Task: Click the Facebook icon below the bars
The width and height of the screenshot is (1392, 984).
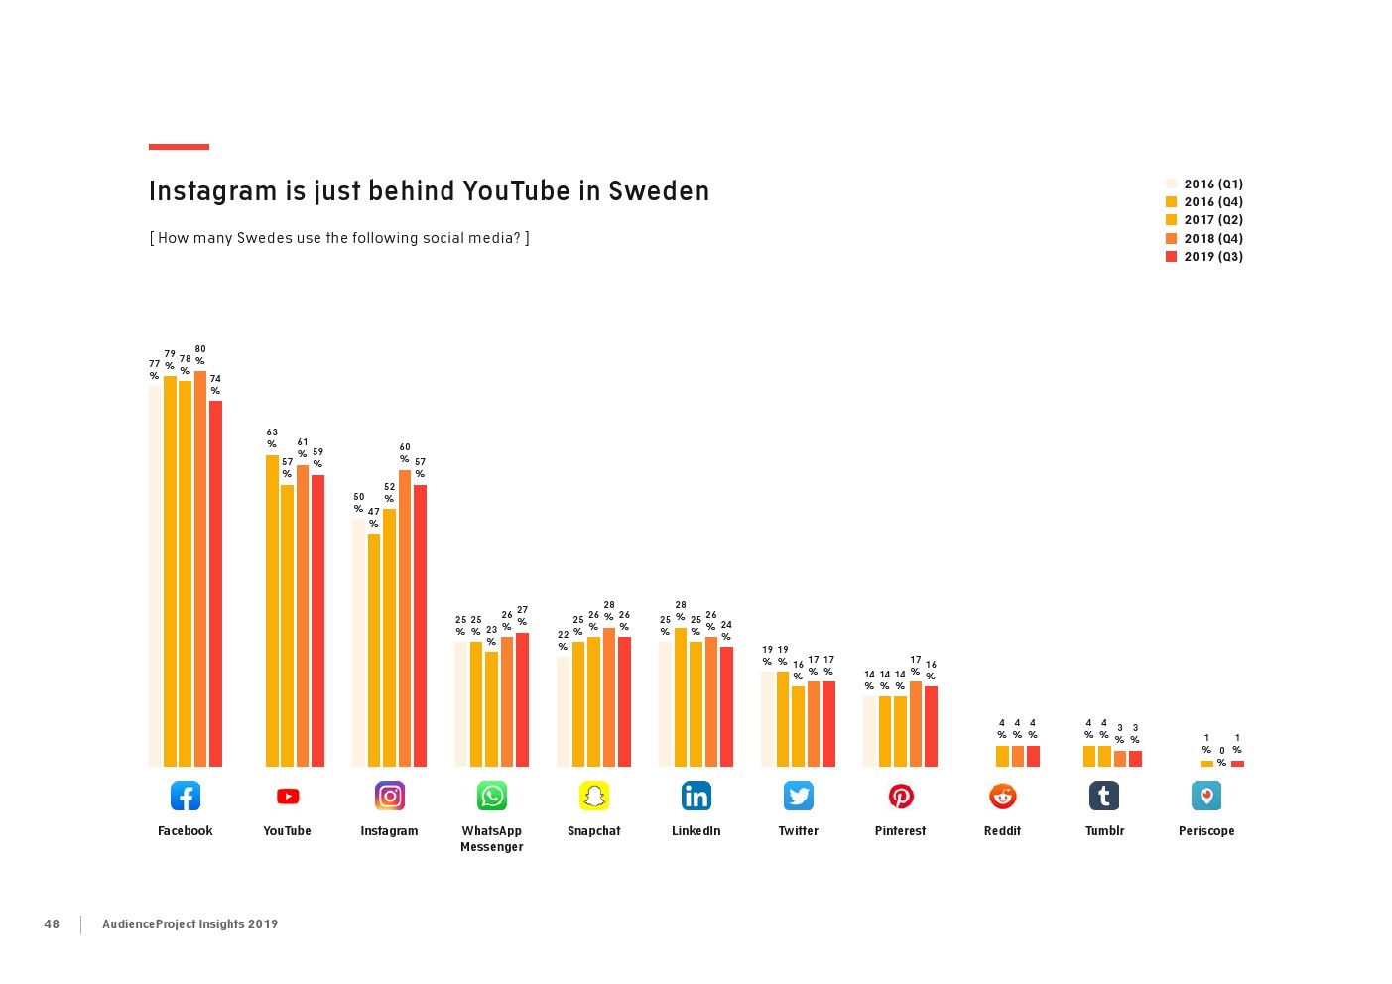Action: (x=186, y=796)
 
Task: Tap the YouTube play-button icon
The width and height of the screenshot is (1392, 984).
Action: (x=288, y=796)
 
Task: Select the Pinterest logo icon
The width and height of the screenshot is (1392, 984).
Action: (x=901, y=796)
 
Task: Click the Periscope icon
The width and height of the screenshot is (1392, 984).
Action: (x=1206, y=796)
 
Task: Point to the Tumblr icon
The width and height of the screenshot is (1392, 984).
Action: (x=1104, y=796)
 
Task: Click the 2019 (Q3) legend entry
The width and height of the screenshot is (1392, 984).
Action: (x=1203, y=257)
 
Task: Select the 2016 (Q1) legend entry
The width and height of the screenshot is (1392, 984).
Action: (x=1203, y=184)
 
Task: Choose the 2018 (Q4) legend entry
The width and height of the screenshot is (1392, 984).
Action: (x=1203, y=239)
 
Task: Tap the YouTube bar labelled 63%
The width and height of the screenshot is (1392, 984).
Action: (x=272, y=610)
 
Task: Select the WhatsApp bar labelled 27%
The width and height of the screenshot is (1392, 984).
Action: (x=522, y=699)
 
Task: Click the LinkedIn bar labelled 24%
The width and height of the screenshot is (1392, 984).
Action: (x=726, y=706)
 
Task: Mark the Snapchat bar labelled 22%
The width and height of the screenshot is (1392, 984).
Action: (x=563, y=711)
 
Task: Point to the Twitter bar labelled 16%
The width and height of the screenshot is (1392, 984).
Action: (x=798, y=726)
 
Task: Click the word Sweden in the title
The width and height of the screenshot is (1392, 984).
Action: (x=659, y=191)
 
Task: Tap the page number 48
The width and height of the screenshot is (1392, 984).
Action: (x=52, y=924)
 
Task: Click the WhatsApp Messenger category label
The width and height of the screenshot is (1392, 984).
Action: (x=491, y=839)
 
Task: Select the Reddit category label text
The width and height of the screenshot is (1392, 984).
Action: (x=1002, y=831)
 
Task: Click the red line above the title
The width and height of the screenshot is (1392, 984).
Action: (x=179, y=147)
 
